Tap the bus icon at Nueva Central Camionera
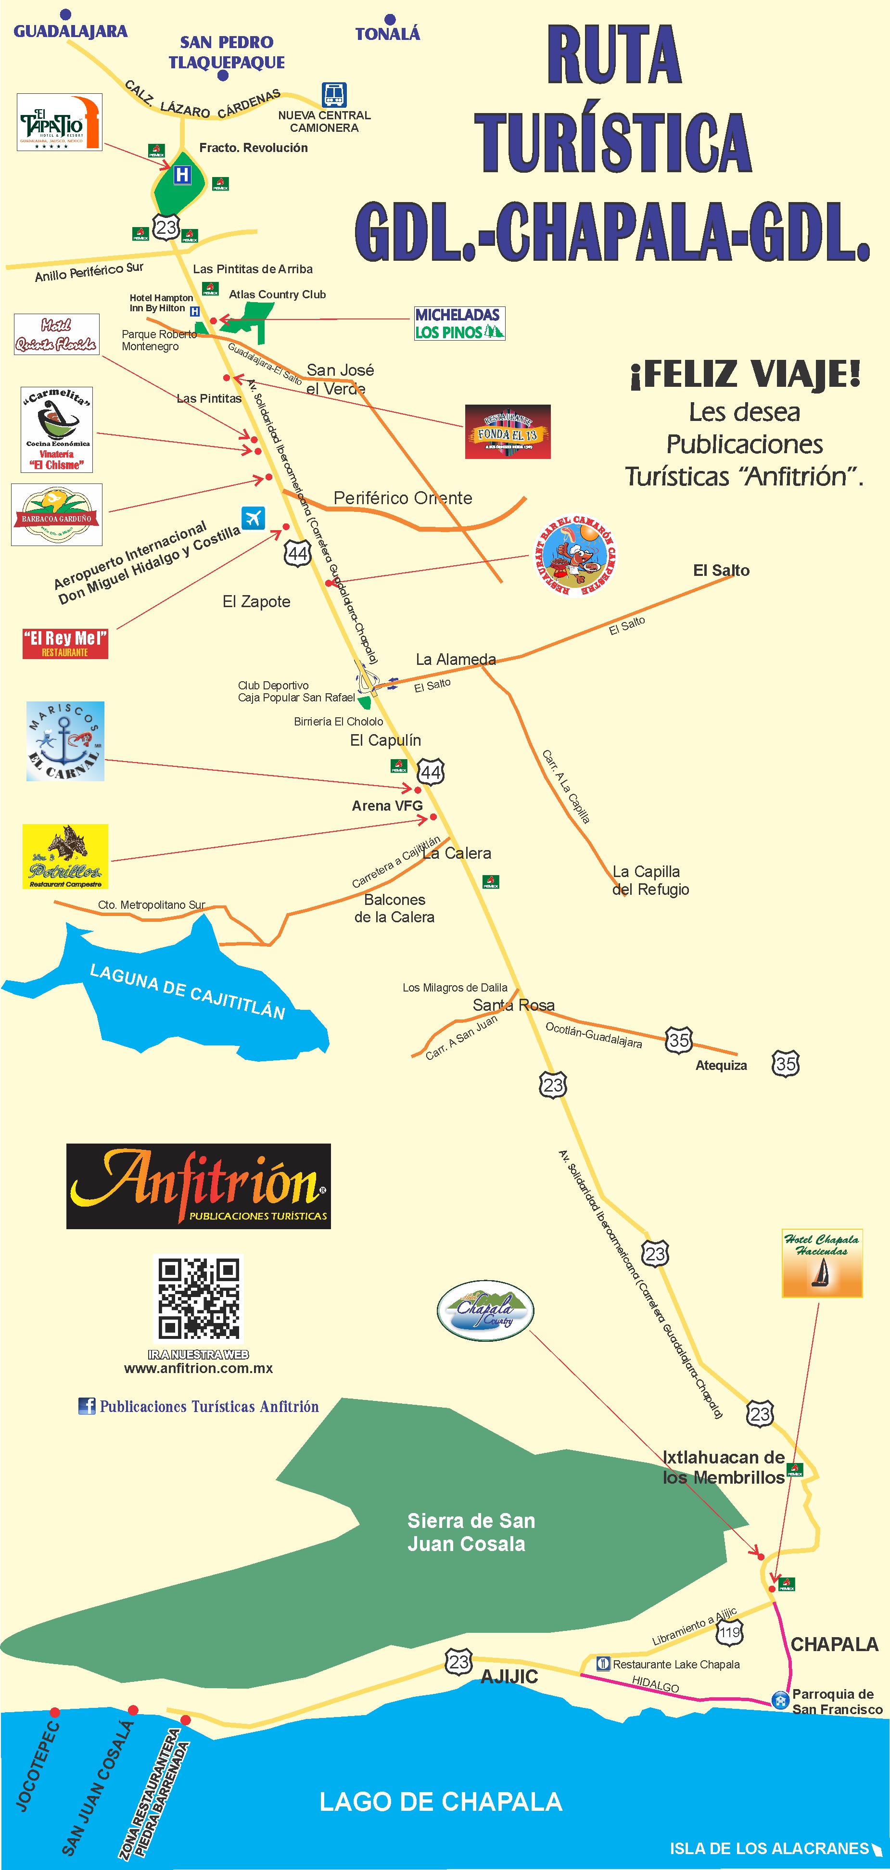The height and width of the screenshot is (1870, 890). [x=334, y=94]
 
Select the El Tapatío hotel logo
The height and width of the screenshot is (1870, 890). [x=60, y=122]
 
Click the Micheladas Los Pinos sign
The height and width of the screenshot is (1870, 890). [x=459, y=323]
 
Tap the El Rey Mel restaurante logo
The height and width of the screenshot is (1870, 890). [x=65, y=643]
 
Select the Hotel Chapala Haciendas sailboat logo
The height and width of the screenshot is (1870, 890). [x=822, y=1264]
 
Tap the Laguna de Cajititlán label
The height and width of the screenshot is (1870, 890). [x=187, y=991]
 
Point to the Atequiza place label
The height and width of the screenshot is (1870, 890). [x=721, y=1065]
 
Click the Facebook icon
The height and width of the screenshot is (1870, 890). [x=87, y=1406]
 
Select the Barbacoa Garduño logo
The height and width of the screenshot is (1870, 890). [x=57, y=515]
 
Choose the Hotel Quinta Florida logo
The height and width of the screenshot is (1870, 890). [x=57, y=335]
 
